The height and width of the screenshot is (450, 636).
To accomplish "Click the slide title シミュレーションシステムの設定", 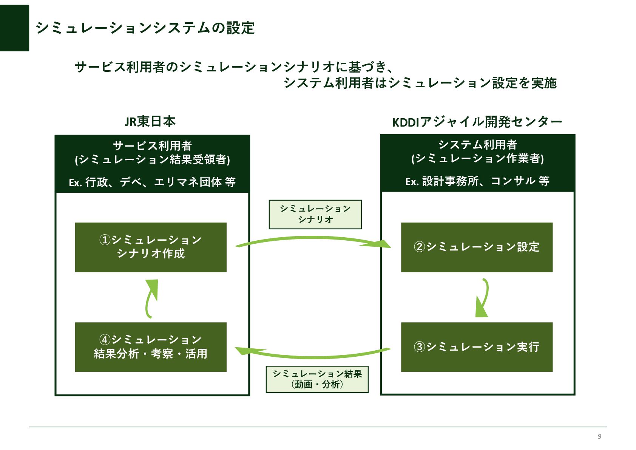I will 145,28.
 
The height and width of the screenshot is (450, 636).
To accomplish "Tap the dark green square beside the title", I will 14,28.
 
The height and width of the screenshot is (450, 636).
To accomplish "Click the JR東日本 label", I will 150,121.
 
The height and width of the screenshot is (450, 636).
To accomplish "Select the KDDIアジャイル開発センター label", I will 477,122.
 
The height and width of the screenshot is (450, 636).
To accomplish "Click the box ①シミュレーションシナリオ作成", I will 151,247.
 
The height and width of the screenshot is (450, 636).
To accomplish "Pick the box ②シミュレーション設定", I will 477,247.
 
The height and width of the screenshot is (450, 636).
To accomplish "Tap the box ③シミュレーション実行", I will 477,347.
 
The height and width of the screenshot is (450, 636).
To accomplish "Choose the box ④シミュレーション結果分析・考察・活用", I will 151,347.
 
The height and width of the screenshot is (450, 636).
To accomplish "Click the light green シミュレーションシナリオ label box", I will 315,214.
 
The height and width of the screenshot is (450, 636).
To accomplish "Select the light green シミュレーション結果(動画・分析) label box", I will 317,379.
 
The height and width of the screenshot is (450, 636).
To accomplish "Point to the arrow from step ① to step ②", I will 313,239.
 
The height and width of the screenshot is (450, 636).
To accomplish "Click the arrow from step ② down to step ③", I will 483,298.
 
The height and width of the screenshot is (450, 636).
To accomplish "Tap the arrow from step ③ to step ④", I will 313,355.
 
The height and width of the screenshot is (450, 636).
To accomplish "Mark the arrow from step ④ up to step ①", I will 151,298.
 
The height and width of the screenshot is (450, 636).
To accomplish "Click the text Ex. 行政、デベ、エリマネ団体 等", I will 152,182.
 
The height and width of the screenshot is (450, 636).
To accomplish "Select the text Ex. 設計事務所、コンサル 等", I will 477,181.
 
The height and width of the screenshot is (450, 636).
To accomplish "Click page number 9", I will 599,436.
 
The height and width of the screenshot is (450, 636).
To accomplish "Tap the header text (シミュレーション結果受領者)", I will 152,159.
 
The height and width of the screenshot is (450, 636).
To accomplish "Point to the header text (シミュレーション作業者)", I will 477,158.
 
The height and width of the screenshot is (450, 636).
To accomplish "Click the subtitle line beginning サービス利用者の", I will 234,67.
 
